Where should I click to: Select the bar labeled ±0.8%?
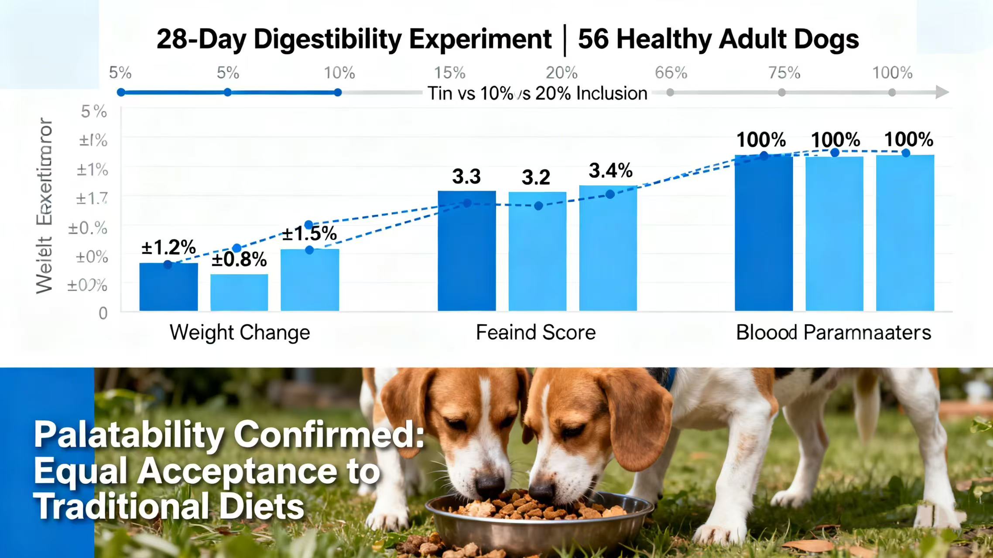pos(239,293)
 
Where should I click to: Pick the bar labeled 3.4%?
pos(608,248)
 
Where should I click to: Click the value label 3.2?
pos(536,177)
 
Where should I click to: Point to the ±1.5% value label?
pos(309,234)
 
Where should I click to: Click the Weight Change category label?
pos(240,333)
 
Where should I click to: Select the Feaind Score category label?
pos(535,333)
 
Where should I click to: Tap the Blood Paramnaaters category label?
pos(833,333)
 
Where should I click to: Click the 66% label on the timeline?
pos(671,73)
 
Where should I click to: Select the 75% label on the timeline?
pos(784,73)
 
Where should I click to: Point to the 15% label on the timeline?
pos(449,73)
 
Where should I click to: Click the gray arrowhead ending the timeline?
pos(942,92)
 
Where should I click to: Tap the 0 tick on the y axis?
pos(103,313)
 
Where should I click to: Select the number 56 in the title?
pos(593,39)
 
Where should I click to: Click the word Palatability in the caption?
pos(128,435)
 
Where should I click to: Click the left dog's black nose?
pos(489,486)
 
